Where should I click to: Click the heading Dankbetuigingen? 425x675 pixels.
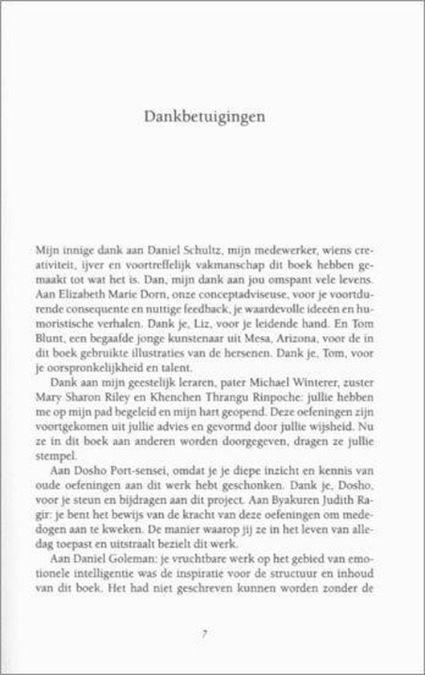point(212,116)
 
